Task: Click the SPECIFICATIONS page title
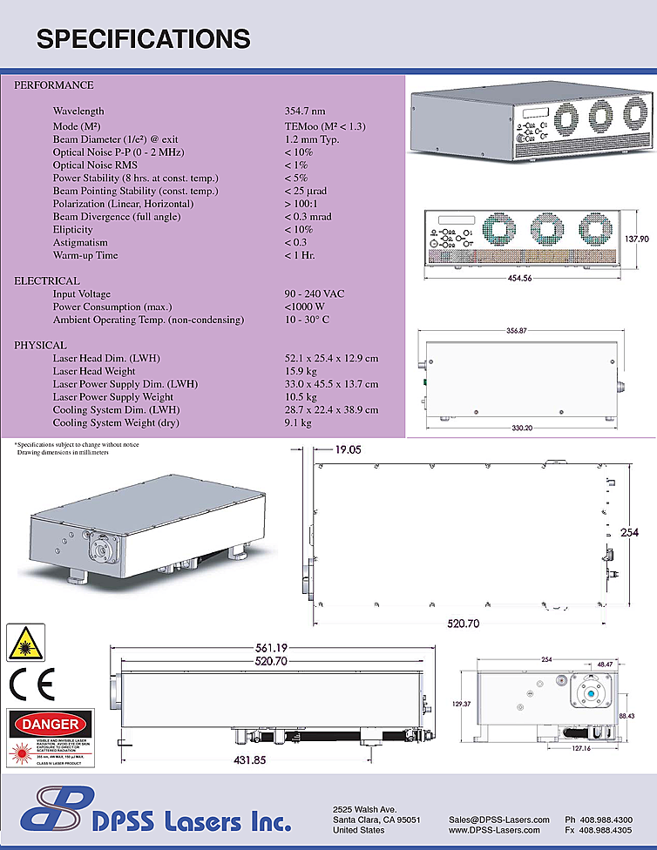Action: [143, 38]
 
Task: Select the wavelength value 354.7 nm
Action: [304, 111]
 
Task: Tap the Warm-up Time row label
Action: [85, 256]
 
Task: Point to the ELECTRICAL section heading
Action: [47, 281]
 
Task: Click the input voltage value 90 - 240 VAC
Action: [314, 294]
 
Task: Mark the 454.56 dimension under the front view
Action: [525, 279]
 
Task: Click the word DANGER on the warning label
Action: [49, 724]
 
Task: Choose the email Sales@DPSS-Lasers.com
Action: [499, 820]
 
